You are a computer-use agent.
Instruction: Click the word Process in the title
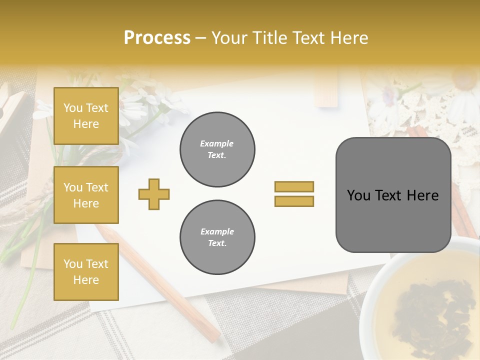[x=157, y=37]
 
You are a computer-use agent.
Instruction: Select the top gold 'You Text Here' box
[x=86, y=116]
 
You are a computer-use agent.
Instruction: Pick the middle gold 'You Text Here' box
[x=86, y=195]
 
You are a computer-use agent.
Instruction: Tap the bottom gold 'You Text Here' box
[x=86, y=272]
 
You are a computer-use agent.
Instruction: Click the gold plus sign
[x=154, y=194]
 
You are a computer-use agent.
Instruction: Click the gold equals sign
[x=294, y=194]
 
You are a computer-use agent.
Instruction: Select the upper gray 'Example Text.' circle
[x=217, y=149]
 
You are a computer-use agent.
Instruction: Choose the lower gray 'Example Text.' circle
[x=217, y=237]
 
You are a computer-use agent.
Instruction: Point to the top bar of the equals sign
[x=294, y=187]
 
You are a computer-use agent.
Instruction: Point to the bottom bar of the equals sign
[x=294, y=201]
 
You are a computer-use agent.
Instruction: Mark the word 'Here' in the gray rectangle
[x=423, y=195]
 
